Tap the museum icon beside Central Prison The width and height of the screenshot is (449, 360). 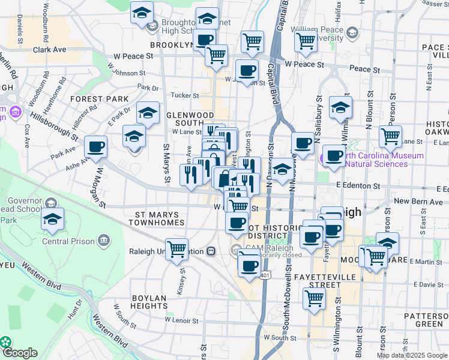pyautogui.click(x=104, y=241)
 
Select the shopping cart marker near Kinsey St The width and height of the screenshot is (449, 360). pyautogui.click(x=176, y=248)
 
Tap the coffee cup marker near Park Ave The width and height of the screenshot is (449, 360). pyautogui.click(x=96, y=146)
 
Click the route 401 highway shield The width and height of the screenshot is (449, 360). pyautogui.click(x=265, y=275)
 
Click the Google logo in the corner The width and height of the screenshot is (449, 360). pyautogui.click(x=20, y=353)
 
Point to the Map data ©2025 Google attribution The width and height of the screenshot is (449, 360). pyautogui.click(x=412, y=355)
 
